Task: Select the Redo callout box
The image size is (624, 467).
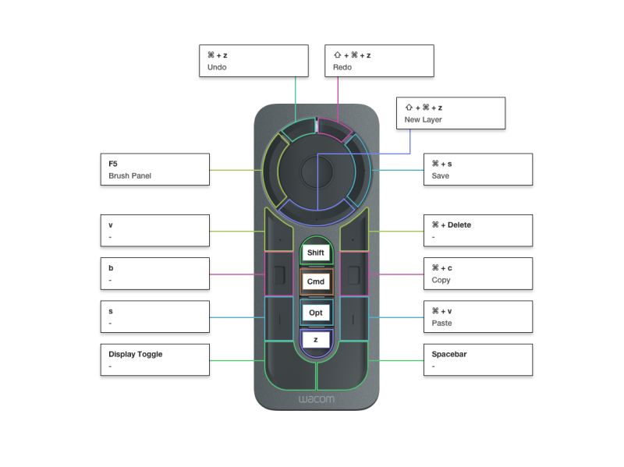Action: pos(378,61)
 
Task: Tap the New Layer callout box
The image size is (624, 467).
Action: pos(451,113)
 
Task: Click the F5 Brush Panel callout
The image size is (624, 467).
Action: pos(154,169)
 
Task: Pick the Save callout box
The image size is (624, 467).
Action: pos(477,169)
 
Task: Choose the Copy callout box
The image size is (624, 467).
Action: pos(477,274)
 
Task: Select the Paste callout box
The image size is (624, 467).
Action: pos(477,317)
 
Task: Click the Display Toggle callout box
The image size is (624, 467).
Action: pos(154,359)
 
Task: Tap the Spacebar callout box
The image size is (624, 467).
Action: pos(477,359)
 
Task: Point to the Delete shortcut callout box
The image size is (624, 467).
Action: pos(477,230)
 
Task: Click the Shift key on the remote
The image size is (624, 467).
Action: pos(316,253)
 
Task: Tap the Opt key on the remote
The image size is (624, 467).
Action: pos(316,312)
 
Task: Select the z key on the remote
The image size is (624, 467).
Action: pos(316,340)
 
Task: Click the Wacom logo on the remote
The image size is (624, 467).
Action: pos(316,399)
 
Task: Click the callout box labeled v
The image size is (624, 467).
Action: pos(154,230)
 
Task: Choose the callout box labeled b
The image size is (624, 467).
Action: pos(154,274)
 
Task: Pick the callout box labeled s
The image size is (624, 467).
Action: pos(154,317)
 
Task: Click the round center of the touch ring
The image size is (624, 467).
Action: pos(317,169)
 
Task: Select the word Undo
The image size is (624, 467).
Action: pos(217,67)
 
